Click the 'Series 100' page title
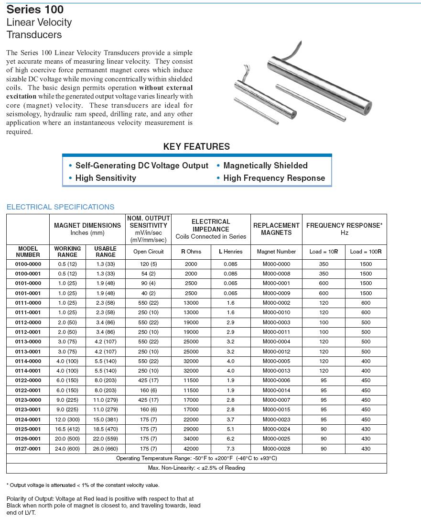pos(35,10)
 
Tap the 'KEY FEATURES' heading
pos(196,147)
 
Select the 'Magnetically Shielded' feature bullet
pos(265,166)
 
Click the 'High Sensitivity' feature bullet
pos(106,178)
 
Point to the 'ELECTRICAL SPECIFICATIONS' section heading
pos(61,207)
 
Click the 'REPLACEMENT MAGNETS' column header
pos(276,229)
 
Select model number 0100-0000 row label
pos(28,264)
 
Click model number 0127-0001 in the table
pos(28,449)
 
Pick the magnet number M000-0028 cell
pos(276,449)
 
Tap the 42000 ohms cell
pos(191,449)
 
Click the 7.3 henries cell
pos(230,449)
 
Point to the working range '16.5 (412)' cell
pos(67,429)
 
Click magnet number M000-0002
pos(276,303)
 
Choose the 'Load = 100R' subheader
pos(366,252)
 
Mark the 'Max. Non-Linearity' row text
pos(196,468)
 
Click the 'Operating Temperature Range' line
pos(196,458)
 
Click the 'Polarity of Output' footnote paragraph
pos(103,506)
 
